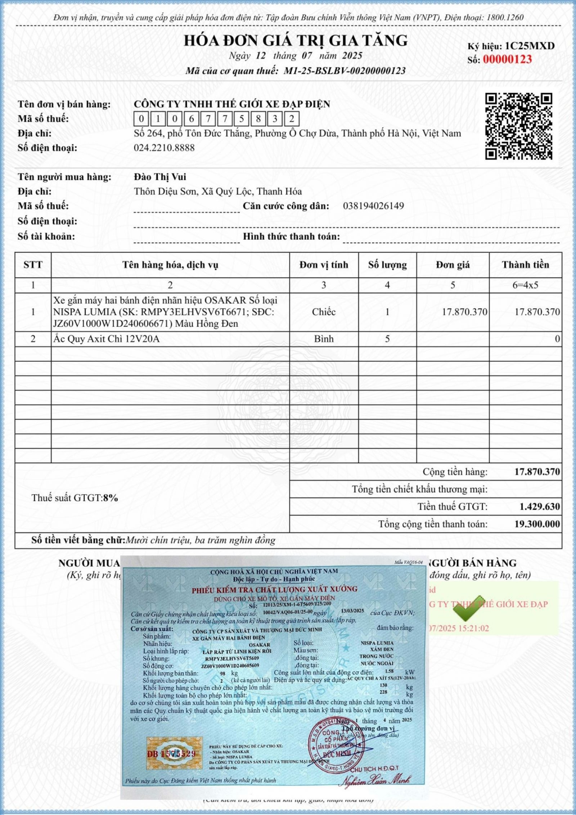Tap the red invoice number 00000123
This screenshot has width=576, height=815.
[507, 59]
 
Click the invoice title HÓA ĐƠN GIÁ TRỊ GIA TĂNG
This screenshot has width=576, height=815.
[296, 40]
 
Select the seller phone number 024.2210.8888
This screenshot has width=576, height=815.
[164, 148]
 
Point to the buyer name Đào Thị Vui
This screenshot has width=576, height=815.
[160, 177]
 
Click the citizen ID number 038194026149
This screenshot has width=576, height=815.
[373, 206]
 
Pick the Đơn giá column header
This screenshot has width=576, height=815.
[453, 265]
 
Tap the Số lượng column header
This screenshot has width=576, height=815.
[387, 265]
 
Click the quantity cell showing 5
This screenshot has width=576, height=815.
[387, 339]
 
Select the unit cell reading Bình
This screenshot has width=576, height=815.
[324, 339]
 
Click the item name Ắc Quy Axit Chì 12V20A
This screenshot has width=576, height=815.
[106, 339]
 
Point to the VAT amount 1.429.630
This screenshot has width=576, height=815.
[540, 507]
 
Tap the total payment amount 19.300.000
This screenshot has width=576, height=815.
[537, 524]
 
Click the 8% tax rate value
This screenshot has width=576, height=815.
[111, 498]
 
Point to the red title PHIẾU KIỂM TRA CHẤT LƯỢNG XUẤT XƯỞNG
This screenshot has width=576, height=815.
[274, 589]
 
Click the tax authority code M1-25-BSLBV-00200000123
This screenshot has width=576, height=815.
[345, 71]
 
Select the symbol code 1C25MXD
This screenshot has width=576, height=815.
[530, 46]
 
